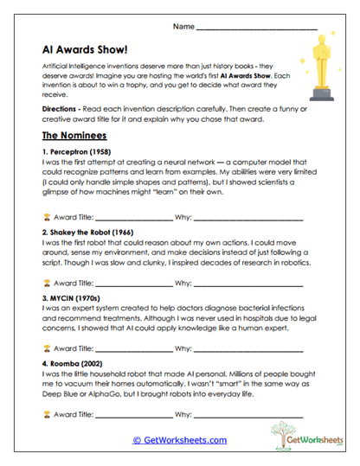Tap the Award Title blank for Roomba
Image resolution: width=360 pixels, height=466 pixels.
[x=132, y=413]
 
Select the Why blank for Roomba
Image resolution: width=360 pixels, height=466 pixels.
[x=248, y=413]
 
